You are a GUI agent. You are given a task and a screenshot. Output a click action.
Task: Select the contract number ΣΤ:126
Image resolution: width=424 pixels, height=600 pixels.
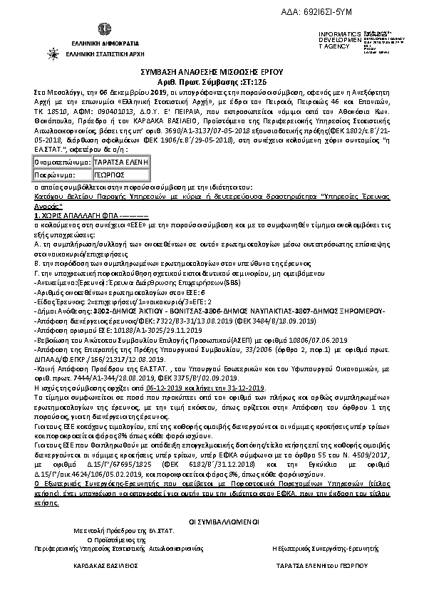[x=249, y=83]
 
